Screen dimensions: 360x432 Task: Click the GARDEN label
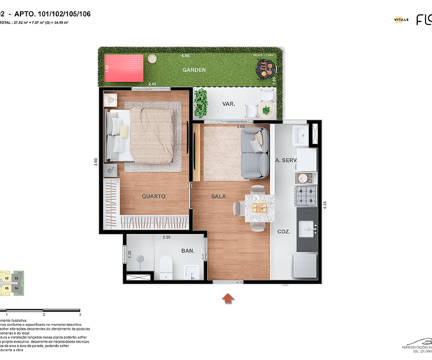[194, 71]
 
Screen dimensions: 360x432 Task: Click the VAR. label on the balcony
[229, 104]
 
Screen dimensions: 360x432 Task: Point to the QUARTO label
[153, 196]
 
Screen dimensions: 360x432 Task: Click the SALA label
[218, 196]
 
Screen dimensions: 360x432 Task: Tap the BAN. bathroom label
[188, 251]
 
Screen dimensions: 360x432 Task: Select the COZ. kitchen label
[284, 232]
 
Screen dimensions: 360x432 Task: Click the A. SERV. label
[287, 160]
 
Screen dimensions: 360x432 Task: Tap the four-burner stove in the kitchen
[307, 195]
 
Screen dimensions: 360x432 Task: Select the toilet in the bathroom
[165, 266]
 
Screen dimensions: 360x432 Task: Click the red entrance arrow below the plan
[229, 297]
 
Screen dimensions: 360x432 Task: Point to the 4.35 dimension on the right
[325, 204]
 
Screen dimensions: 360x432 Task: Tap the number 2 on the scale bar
[44, 315]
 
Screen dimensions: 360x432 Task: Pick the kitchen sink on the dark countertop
[305, 229]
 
